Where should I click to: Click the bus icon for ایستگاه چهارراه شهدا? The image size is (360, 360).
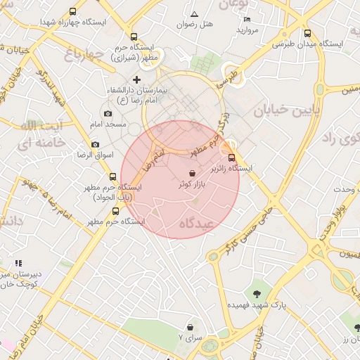74,12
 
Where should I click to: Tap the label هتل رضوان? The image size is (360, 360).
195,24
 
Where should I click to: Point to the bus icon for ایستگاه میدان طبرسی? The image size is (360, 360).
308,33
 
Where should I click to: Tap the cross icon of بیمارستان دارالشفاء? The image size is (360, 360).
136,80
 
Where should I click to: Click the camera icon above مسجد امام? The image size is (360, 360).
108,113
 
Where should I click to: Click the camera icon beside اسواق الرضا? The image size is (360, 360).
95,144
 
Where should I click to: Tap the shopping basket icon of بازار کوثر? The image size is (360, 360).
193,173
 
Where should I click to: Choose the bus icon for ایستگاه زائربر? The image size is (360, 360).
233,158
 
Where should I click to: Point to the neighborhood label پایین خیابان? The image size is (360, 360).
286,110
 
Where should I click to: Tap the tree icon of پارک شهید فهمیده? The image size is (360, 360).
256,294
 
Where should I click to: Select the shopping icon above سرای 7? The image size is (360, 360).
190,327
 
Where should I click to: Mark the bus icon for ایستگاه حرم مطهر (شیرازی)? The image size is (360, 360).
134,37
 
